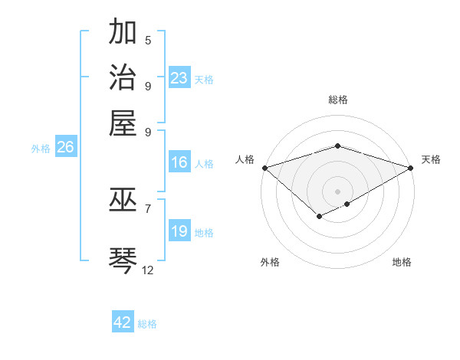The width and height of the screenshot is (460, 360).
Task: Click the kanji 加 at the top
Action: coord(123,33)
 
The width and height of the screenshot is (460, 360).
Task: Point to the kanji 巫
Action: coord(123,200)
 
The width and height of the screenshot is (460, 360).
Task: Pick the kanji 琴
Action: coord(123,257)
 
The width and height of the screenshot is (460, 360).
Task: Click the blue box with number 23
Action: coord(179,78)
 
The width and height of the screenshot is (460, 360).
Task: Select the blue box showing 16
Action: coord(179,162)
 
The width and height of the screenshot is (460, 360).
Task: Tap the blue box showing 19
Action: coord(179,231)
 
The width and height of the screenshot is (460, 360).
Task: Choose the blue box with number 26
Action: coord(65,148)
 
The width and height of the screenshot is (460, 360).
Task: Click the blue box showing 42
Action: coord(123,322)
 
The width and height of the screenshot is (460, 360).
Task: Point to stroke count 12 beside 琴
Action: coord(148,270)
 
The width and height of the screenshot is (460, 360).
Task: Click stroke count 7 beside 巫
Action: coord(148,208)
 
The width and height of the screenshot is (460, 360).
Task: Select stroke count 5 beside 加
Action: coord(148,41)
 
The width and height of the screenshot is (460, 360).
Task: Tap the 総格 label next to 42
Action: coord(147,324)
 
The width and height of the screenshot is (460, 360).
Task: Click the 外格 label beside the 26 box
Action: coord(41,149)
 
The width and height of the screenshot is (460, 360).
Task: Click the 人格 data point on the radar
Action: coord(264,167)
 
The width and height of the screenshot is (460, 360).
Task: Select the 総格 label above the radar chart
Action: coord(338,100)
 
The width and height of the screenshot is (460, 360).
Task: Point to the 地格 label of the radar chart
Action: coord(402,262)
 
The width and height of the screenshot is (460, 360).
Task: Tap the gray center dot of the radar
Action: coord(338,191)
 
